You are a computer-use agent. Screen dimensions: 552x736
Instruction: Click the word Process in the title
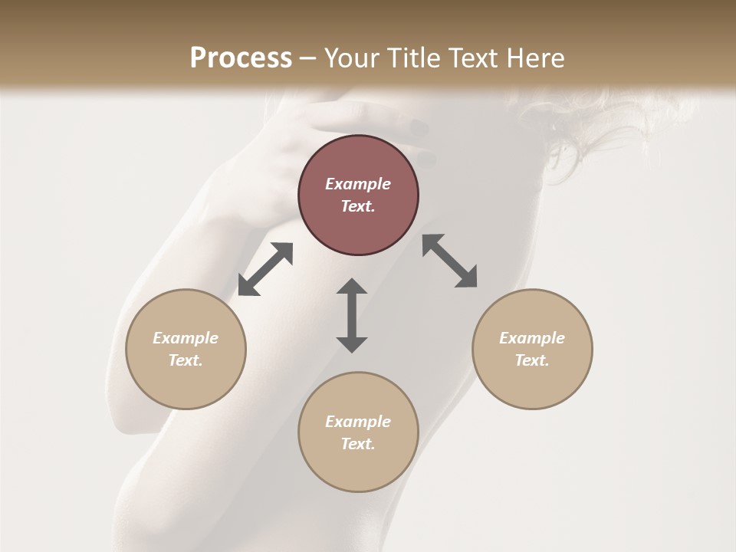241,58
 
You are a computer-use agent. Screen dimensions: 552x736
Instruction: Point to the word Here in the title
537,58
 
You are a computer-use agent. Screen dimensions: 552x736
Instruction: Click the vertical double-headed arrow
352,315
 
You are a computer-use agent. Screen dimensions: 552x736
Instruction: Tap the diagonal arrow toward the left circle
265,269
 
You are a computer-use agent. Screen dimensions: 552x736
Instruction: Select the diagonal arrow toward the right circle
449,261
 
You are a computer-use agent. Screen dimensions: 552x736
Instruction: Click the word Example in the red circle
358,184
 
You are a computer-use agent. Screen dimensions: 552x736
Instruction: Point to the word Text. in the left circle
186,360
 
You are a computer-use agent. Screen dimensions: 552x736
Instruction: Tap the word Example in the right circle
532,338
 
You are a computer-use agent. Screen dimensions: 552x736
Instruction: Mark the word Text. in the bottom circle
358,444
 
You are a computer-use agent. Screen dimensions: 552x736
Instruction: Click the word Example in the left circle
186,338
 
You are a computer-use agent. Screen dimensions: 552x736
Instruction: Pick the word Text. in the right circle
532,360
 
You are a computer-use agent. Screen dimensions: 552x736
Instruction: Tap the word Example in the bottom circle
358,422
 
